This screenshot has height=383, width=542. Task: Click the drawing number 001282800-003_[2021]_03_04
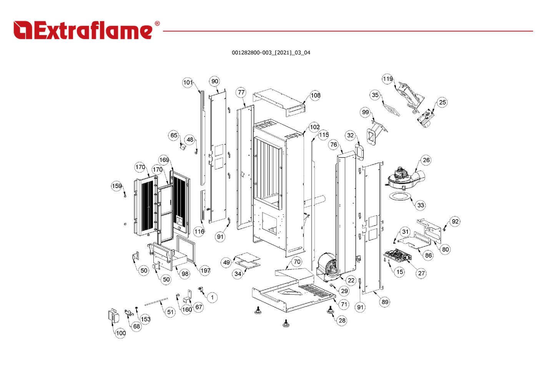coord(271,53)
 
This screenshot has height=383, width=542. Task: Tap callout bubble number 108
coord(315,95)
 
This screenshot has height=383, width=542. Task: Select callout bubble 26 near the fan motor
coord(426,160)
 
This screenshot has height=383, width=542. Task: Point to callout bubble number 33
coord(421,205)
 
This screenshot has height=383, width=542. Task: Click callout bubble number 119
coord(387,79)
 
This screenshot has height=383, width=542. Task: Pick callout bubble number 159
coord(117,186)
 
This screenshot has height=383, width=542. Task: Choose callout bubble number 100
coord(121,333)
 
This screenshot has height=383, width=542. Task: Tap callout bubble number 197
coord(205,270)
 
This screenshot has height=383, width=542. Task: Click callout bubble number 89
coord(385,302)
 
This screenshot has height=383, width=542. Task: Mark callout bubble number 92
coord(455,221)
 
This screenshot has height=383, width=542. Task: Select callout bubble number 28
coord(342,320)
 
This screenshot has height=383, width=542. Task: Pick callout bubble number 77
coord(241,92)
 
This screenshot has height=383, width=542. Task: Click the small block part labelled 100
coord(113,315)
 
